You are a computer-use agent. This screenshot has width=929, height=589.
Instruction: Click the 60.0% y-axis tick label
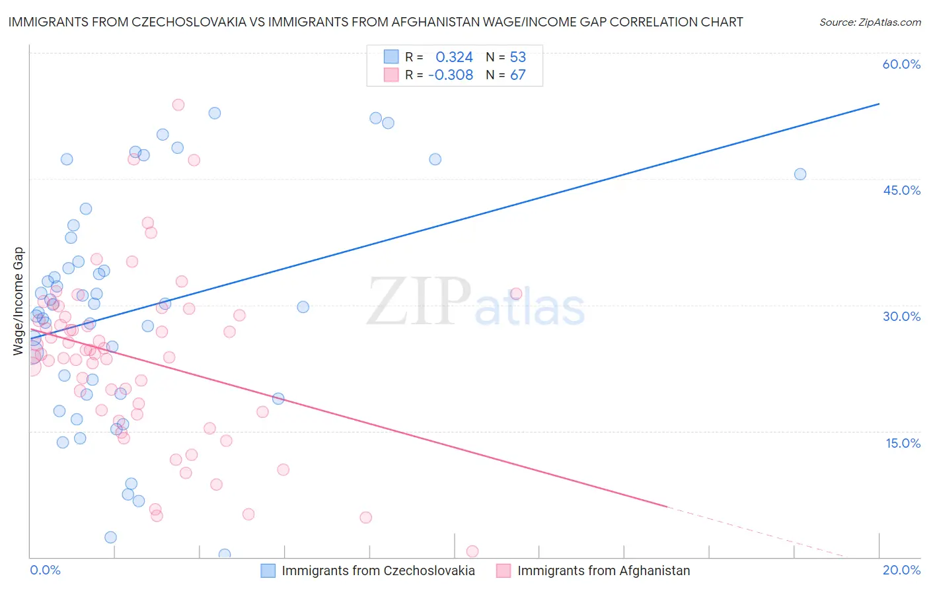click(901, 64)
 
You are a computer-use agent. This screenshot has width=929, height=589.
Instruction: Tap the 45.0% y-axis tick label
click(901, 190)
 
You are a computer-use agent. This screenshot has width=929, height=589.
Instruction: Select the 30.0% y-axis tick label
click(901, 316)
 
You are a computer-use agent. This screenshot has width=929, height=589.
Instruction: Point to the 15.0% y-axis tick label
click(903, 442)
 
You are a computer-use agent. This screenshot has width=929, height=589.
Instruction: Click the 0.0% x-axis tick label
click(45, 570)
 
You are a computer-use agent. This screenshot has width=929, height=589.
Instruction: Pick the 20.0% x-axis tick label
click(901, 570)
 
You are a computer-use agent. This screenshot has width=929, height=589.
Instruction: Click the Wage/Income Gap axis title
click(19, 301)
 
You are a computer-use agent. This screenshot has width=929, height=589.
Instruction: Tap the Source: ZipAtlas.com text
click(870, 22)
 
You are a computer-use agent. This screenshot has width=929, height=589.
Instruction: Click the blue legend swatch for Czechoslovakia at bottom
click(268, 571)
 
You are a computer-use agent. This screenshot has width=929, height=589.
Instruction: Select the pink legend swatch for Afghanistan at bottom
click(503, 571)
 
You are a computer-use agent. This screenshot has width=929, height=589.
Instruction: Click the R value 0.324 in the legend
click(454, 57)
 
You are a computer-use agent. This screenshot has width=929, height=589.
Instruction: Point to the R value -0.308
click(451, 75)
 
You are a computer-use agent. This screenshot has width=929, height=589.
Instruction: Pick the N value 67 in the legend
click(518, 75)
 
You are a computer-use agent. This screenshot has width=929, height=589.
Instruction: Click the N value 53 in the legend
click(518, 57)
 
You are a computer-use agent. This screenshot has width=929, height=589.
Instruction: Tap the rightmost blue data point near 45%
click(800, 174)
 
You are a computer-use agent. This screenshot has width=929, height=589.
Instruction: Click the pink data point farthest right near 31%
click(516, 294)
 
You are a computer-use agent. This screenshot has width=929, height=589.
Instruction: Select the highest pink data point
click(178, 105)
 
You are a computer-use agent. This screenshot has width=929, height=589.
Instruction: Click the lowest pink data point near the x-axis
click(472, 551)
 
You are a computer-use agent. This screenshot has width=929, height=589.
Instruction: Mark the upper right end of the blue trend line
click(879, 104)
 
